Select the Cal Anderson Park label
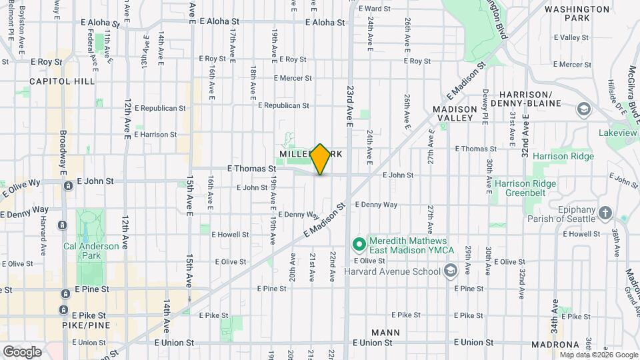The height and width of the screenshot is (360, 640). point(91,250)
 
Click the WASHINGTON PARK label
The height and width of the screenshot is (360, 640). point(577,14)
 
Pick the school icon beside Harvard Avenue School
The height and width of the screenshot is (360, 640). point(451,270)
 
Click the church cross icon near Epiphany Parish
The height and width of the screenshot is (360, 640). point(605,213)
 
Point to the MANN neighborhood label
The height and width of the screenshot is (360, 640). point(386,332)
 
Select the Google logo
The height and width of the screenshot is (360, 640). point(23,351)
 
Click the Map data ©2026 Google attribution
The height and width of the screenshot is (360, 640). point(598,355)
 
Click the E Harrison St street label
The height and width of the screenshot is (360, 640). point(155,134)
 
